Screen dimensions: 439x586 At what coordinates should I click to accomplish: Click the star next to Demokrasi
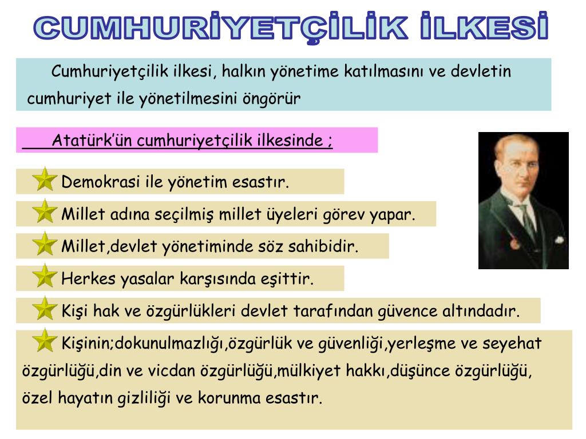(x=45, y=180)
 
